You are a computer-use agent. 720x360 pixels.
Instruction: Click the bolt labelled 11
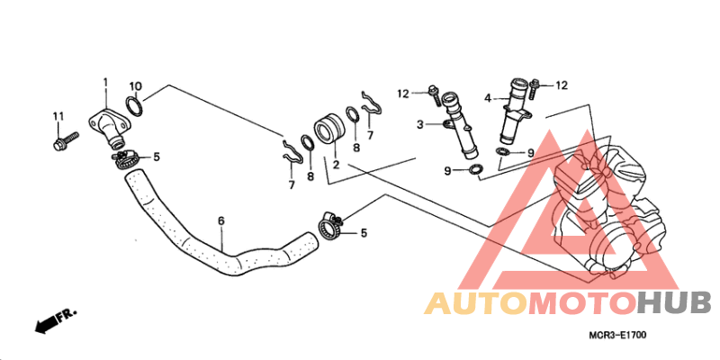point(66,141)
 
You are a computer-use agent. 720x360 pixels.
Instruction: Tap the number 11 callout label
point(58,117)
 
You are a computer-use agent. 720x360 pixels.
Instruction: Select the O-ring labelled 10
point(134,106)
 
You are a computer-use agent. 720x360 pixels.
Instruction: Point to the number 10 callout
point(135,86)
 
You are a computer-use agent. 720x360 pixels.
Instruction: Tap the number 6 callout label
point(221,220)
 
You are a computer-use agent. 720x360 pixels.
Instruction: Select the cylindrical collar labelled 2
point(328,130)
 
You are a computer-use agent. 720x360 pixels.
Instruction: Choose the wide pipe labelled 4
point(515,111)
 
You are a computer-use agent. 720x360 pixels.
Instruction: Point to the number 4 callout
point(488,98)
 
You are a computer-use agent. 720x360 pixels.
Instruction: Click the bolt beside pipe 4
point(534,89)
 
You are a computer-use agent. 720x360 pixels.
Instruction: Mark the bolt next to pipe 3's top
point(434,95)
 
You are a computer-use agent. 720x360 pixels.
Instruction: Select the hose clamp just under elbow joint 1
point(124,159)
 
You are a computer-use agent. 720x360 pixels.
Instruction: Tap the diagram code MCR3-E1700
point(618,336)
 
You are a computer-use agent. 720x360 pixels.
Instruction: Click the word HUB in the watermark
point(674,303)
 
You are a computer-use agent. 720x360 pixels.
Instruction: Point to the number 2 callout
point(336,164)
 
